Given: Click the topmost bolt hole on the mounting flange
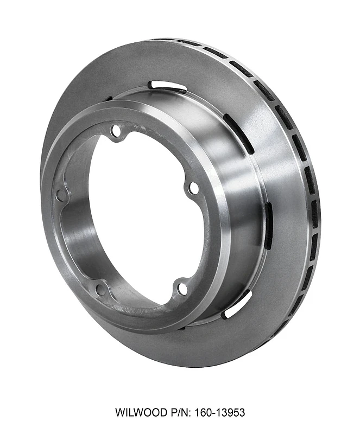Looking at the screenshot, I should pos(116,131).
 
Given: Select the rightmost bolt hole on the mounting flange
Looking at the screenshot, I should pos(193,188).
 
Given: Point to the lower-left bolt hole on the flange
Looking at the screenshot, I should pos(100,290).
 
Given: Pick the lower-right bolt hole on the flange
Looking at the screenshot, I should pos(183,288).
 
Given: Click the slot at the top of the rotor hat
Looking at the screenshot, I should pos(167,86).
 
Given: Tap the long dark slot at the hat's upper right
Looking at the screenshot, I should pos(239,133).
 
